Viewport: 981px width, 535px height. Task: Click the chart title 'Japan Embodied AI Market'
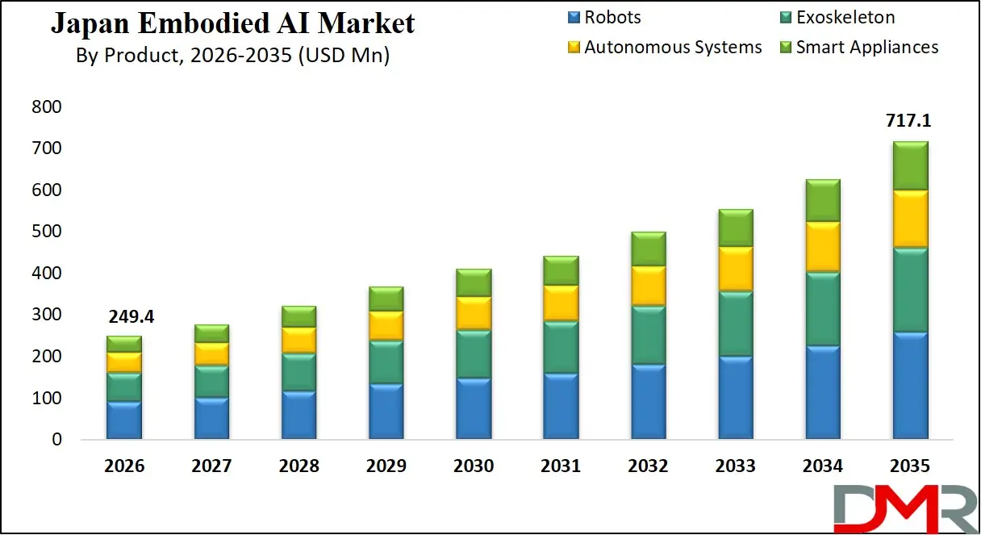tap(232, 23)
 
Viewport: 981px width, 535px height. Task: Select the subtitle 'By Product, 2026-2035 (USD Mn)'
tap(232, 56)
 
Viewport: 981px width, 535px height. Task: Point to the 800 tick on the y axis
tap(47, 107)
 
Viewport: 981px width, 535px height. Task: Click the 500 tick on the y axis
tap(47, 232)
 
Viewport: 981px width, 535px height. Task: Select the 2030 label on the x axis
tap(473, 466)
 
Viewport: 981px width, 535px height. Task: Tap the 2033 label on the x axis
tap(735, 466)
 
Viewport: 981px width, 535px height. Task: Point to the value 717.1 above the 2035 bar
tap(908, 121)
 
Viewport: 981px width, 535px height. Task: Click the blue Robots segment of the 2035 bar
tap(908, 386)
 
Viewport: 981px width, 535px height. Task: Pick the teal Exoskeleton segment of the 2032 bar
tap(647, 335)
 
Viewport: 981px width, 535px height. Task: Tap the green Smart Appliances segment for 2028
tap(298, 316)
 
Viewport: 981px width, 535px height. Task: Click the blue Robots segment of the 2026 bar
tap(123, 420)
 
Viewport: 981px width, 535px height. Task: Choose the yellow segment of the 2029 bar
tap(385, 325)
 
